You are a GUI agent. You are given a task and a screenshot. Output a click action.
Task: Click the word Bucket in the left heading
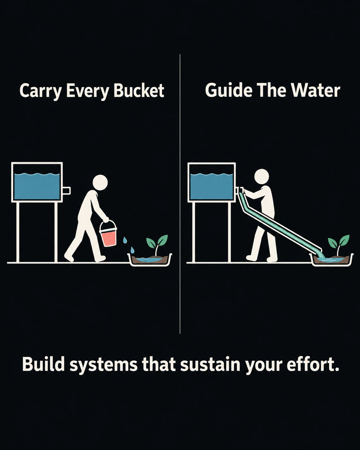click(x=139, y=91)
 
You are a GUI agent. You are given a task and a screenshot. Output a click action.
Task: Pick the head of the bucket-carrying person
click(x=100, y=183)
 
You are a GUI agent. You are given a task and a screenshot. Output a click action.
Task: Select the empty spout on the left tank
click(x=66, y=191)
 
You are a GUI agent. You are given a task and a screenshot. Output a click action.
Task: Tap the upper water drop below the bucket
click(x=125, y=240)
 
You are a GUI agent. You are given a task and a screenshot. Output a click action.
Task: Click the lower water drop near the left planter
click(x=132, y=250)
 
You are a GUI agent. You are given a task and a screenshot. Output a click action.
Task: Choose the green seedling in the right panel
click(x=339, y=244)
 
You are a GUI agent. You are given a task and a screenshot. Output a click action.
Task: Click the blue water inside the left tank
click(x=37, y=186)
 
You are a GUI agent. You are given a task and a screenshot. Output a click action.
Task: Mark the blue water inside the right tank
click(x=211, y=186)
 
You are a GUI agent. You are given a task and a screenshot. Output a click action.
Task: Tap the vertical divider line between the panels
click(x=180, y=194)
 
